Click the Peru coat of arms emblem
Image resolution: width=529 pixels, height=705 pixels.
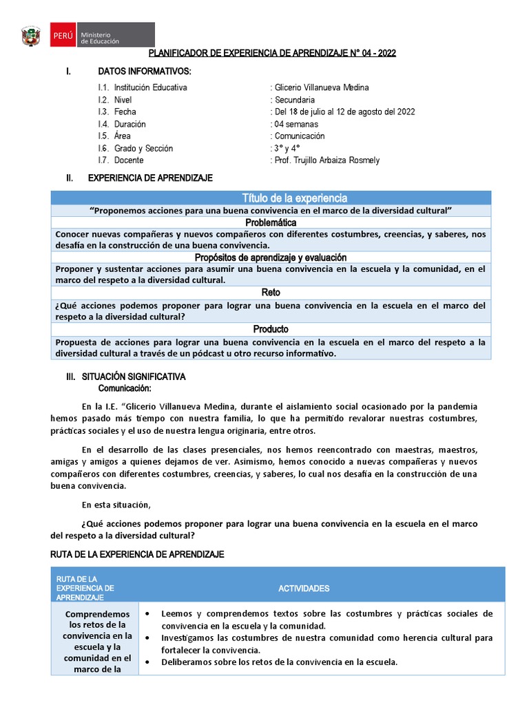[32, 35]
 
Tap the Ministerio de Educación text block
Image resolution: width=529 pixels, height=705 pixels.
[100, 37]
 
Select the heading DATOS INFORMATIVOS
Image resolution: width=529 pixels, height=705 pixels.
[145, 72]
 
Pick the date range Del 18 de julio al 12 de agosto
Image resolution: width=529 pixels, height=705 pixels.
[344, 112]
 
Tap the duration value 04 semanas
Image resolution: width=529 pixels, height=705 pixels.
[296, 124]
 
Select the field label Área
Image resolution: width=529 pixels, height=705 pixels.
[123, 136]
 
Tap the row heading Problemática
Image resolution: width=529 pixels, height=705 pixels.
[271, 223]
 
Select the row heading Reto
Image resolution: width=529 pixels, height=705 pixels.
[271, 293]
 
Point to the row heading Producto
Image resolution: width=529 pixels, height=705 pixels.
[271, 329]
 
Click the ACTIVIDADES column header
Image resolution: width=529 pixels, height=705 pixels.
[304, 589]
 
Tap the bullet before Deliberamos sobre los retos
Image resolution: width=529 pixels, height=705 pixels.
[149, 662]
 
